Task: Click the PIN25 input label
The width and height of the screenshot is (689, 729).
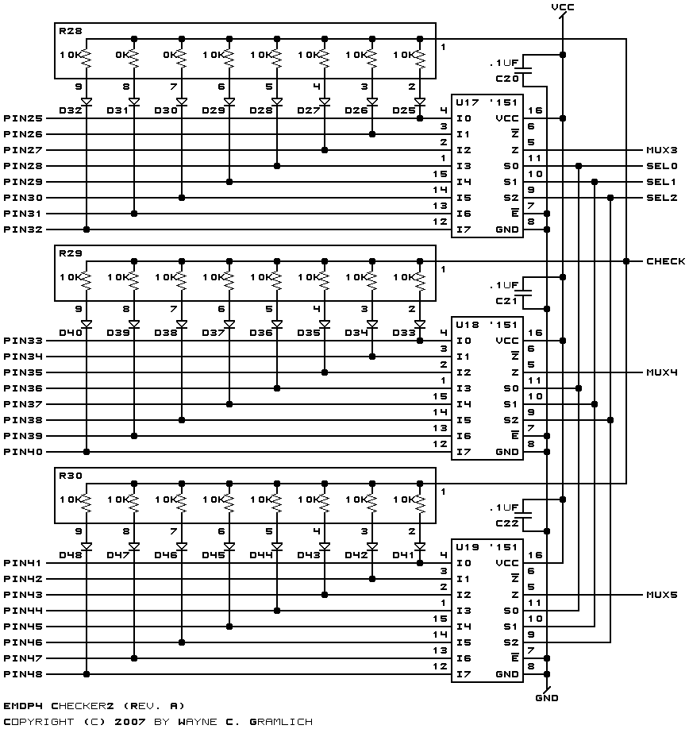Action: point(23,118)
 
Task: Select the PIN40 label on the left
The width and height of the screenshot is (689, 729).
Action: point(23,452)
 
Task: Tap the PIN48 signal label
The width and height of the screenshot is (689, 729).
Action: point(23,674)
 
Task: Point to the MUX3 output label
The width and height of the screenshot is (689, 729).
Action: point(661,150)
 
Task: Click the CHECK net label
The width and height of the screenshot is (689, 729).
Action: point(665,261)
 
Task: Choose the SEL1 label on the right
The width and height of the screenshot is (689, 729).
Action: point(661,182)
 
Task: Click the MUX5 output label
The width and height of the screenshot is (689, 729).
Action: point(661,595)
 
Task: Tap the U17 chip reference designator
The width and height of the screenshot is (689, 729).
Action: point(467,102)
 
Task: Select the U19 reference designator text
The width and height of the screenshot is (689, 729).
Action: point(467,547)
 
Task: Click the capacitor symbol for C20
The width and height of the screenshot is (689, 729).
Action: point(524,70)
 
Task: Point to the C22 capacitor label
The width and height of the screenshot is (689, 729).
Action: point(507,523)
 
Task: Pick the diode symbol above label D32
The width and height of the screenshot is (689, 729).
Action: point(87,102)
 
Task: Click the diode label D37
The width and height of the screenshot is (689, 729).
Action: point(214,333)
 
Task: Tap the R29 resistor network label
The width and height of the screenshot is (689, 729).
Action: point(70,253)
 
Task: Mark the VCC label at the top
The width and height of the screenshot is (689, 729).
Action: point(563,7)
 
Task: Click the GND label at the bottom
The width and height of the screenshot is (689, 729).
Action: point(547,698)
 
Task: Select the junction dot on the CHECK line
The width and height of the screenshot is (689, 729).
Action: point(626,261)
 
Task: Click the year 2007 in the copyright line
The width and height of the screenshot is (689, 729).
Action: point(130,722)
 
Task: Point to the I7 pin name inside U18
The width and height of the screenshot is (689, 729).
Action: point(464,452)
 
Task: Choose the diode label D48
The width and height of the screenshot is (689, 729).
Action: point(70,555)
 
